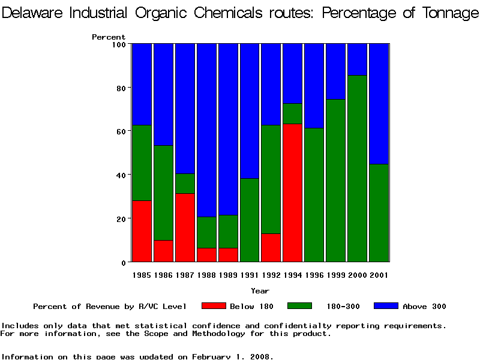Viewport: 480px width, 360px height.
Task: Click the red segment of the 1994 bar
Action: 292,193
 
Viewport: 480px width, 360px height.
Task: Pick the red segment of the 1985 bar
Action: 142,231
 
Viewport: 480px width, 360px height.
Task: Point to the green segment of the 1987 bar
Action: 185,184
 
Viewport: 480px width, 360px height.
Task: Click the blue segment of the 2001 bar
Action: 379,104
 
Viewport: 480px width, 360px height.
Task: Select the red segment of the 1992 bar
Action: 271,247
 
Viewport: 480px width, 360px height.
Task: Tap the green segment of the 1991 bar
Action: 249,220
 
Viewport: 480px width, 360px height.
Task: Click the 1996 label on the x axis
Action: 314,275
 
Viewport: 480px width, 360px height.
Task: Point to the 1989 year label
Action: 228,275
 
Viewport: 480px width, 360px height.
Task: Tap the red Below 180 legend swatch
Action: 214,306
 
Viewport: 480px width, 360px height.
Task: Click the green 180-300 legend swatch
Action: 300,306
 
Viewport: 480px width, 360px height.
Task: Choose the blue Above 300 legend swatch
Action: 386,306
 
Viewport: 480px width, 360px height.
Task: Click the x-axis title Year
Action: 260,291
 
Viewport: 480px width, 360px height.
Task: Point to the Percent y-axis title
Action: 109,37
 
